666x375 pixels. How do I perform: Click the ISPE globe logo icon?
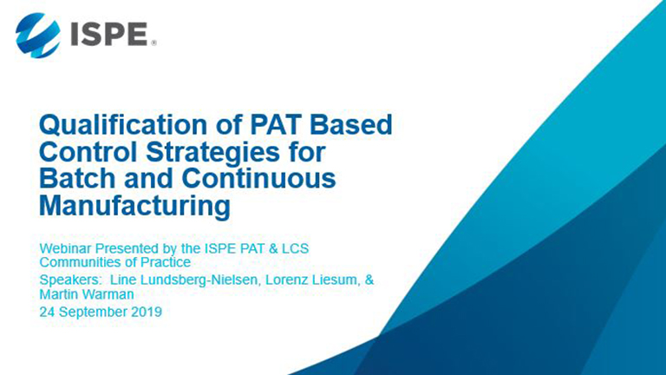pos(38,36)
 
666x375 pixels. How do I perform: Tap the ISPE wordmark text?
pos(108,35)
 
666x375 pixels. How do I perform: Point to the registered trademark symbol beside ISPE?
pos(153,43)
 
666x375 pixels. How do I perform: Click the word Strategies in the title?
pos(213,152)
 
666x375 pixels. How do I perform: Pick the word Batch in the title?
pos(77,178)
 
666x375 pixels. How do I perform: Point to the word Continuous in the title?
pos(258,178)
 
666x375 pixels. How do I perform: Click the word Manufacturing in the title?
pos(135,206)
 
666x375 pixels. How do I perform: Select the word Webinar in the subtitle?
pos(65,248)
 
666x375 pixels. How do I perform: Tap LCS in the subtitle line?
pos(295,248)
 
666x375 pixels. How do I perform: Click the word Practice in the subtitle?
pos(166,262)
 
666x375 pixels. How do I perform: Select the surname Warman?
pos(110,294)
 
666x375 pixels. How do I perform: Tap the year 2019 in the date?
pos(147,312)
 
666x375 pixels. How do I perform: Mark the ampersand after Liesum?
pos(369,280)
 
